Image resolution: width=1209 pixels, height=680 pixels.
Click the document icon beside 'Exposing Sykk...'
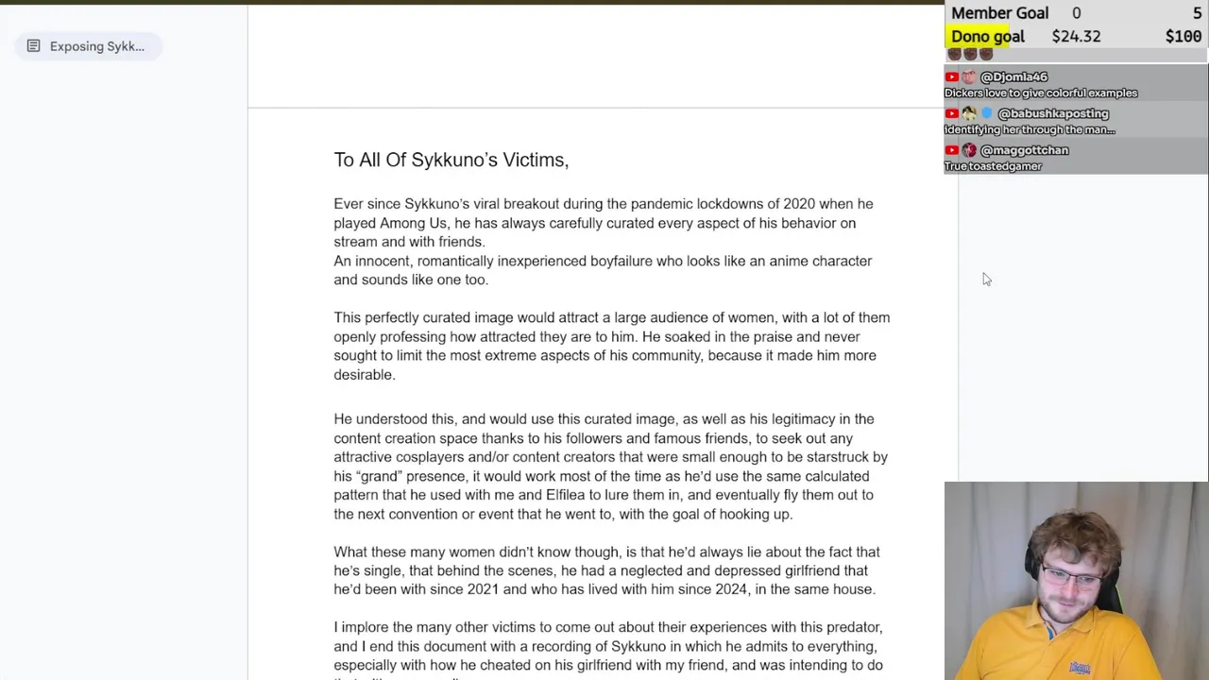[x=33, y=46]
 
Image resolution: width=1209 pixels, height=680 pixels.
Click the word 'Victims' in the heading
[x=534, y=160]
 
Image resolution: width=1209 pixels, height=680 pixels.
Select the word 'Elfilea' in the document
[x=570, y=495]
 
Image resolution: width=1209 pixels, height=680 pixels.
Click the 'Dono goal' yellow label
[x=987, y=36]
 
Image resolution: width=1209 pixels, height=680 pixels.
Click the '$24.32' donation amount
[x=1076, y=36]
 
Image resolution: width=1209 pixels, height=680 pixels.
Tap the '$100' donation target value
[x=1183, y=36]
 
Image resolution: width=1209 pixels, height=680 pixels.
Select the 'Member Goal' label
[x=999, y=13]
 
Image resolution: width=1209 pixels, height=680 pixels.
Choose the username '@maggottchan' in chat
[x=1024, y=150]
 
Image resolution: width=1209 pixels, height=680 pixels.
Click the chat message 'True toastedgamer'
[x=993, y=166]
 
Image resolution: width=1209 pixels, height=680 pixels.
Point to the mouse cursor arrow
[x=986, y=279]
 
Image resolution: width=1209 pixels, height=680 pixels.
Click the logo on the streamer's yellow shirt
[x=1079, y=667]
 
